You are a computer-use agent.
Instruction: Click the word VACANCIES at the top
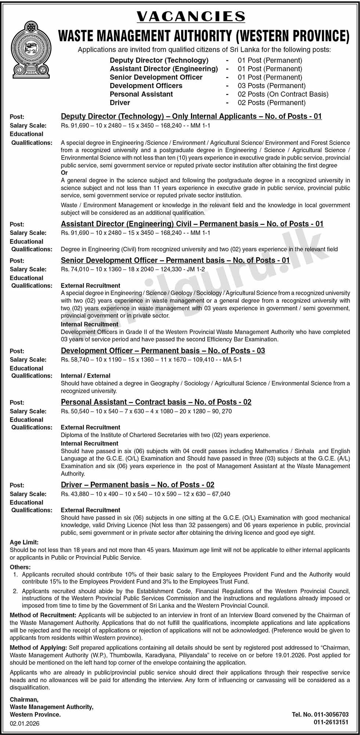pos(191,17)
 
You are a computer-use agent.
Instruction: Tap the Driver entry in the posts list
pos(120,103)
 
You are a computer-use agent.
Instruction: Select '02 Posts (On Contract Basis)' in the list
pos(283,94)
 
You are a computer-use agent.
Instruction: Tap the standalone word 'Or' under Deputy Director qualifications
pos(64,173)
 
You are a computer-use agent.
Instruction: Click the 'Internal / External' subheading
pos(86,376)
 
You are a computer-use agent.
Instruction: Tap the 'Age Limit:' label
pos(24,542)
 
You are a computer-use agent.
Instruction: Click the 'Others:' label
pos(20,567)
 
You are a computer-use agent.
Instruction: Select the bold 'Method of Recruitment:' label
pos(43,615)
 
